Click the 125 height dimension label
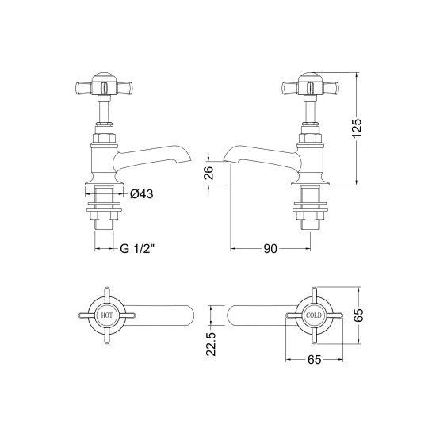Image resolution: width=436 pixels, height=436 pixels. [x=357, y=128]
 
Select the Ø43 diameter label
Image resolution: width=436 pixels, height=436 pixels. [x=142, y=193]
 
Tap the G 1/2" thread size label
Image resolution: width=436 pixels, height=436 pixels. [x=137, y=248]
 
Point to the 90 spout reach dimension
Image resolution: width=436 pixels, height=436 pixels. [x=270, y=249]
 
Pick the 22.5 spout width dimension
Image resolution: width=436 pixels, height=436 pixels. [x=211, y=344]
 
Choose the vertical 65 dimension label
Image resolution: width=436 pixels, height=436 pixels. [x=359, y=315]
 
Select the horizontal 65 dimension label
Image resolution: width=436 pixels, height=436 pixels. [x=315, y=360]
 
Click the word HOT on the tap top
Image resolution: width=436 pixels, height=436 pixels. [x=107, y=316]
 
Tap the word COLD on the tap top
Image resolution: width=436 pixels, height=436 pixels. [x=314, y=316]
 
